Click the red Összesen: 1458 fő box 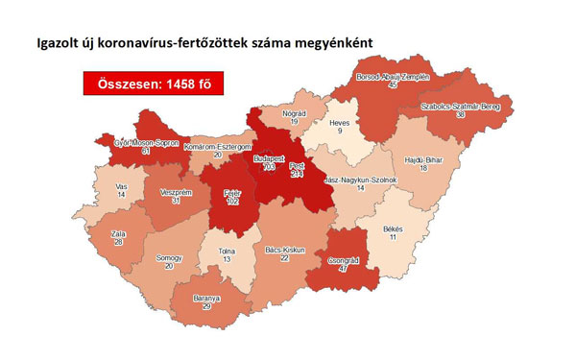[146, 84]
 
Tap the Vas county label [120, 186]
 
